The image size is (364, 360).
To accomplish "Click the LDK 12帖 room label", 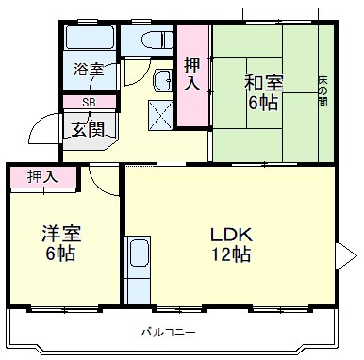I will [x=230, y=244].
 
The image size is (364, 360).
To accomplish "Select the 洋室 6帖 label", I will [x=58, y=244].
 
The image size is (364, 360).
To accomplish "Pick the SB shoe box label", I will [x=88, y=102].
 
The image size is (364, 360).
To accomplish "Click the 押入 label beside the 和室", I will [x=192, y=75].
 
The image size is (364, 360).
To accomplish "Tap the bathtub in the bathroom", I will [x=90, y=39].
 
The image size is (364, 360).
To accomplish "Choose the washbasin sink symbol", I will [x=161, y=80].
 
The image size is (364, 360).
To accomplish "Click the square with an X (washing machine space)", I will [x=160, y=116].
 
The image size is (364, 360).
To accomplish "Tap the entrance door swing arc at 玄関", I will [x=42, y=127].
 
